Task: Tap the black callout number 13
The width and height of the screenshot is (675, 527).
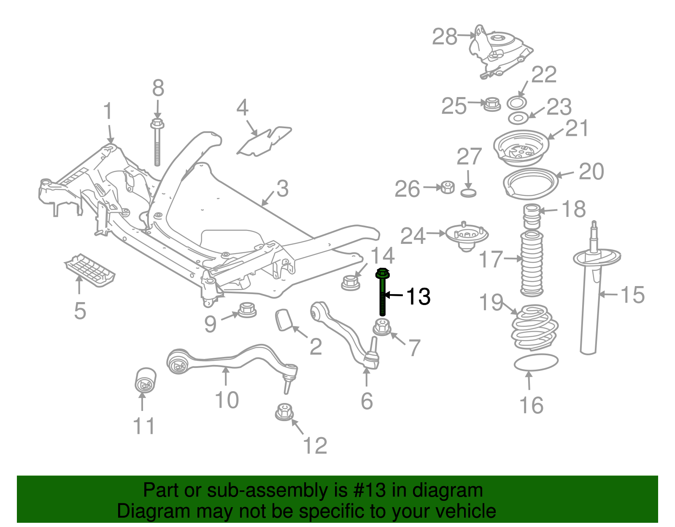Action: click(x=418, y=296)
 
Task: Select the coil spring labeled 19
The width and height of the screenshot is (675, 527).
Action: click(x=534, y=327)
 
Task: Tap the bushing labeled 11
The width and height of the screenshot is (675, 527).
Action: click(x=145, y=379)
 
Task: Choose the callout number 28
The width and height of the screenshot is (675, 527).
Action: click(x=445, y=37)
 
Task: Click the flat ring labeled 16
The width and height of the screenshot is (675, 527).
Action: click(x=536, y=362)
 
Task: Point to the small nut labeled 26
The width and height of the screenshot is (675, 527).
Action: click(x=448, y=187)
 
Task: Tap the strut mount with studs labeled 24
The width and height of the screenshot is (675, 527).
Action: click(x=466, y=236)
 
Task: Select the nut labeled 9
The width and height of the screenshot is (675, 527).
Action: click(x=247, y=310)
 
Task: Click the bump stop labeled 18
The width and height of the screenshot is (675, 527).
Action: click(x=532, y=216)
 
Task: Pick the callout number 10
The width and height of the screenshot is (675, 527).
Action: click(x=227, y=400)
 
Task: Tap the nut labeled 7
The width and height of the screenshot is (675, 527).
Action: click(x=382, y=327)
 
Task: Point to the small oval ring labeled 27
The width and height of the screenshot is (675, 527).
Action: click(x=468, y=193)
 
